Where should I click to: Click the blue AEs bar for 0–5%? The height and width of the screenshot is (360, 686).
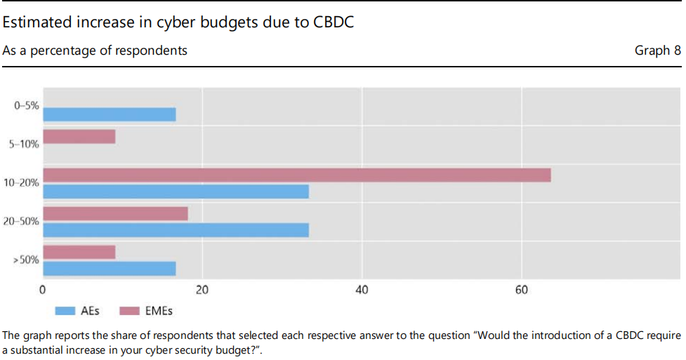[109, 114]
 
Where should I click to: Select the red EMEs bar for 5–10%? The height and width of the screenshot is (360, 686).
[79, 136]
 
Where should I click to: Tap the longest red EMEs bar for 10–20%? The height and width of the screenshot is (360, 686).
[296, 175]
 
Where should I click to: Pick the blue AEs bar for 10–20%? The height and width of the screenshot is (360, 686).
[176, 191]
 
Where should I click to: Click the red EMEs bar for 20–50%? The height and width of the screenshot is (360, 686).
[115, 213]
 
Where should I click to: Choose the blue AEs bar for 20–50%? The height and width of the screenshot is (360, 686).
[176, 229]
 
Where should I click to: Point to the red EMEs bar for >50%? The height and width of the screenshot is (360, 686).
[79, 252]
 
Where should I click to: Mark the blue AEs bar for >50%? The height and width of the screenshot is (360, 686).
[109, 268]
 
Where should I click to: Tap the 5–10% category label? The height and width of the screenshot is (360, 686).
[25, 145]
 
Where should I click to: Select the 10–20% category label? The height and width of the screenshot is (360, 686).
[22, 183]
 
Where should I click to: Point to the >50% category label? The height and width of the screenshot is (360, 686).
[26, 260]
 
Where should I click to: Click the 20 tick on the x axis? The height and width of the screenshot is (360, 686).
[202, 290]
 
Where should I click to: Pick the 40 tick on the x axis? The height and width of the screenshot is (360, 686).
[362, 290]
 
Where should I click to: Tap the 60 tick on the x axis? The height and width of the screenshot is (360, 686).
[522, 290]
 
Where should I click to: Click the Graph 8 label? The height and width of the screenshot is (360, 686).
[657, 51]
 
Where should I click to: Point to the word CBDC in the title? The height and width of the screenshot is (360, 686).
[331, 22]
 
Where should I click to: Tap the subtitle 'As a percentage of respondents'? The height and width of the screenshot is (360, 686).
[95, 51]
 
